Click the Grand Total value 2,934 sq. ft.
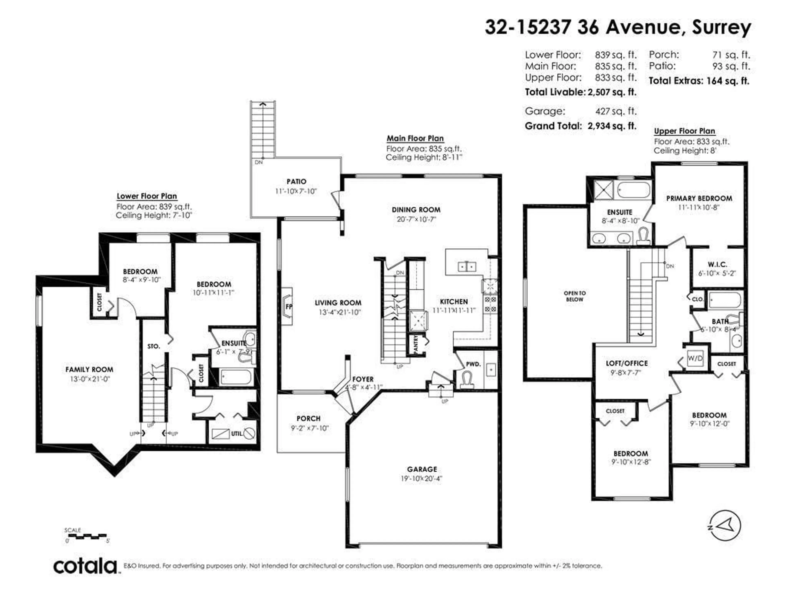[612, 126]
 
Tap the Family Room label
[89, 370]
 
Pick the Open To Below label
[575, 296]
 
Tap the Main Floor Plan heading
[415, 138]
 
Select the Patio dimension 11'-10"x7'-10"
[296, 191]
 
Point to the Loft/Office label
[627, 363]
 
